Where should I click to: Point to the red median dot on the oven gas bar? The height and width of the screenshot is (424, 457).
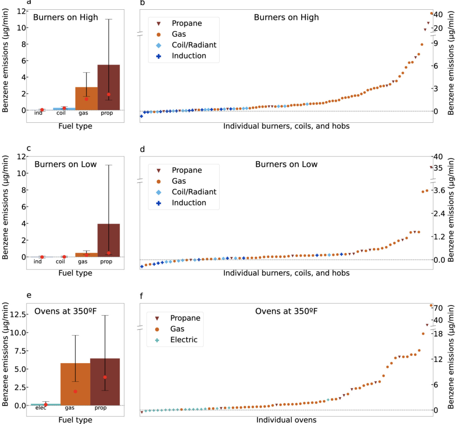(x=75, y=391)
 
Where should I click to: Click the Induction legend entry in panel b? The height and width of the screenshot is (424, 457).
(x=189, y=56)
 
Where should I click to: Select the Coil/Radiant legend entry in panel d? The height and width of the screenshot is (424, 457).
(x=194, y=192)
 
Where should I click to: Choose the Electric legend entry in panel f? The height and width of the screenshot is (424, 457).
(x=184, y=339)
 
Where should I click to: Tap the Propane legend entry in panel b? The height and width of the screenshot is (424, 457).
(x=187, y=23)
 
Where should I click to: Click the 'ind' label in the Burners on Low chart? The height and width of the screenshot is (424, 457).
(x=38, y=262)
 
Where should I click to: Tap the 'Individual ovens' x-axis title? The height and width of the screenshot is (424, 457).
(x=286, y=420)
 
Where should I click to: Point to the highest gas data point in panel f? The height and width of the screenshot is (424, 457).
(x=431, y=305)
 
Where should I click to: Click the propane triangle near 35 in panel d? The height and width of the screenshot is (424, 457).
(x=431, y=167)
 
